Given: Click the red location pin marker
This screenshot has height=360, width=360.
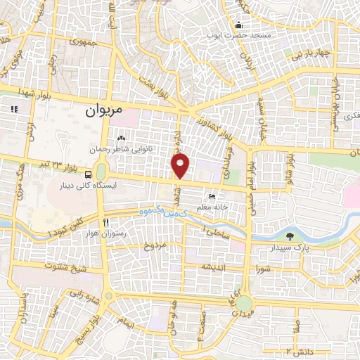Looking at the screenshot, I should pos(181,166).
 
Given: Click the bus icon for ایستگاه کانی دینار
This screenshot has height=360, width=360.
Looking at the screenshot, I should pos(87,174).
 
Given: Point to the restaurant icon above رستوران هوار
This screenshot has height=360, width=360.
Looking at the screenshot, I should pos(105,220).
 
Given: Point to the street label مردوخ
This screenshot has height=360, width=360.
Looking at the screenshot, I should pos(153,245).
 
